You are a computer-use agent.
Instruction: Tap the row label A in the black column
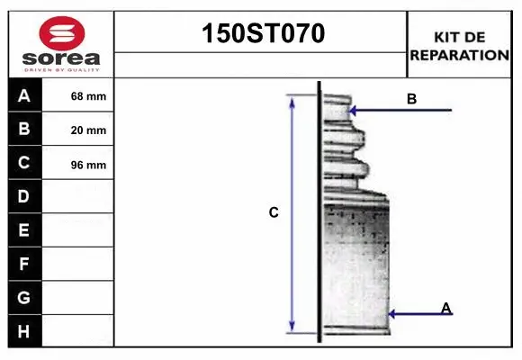coord(24,96)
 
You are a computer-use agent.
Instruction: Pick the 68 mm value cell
coord(88,96)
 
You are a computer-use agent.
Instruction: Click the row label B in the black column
coord(24,130)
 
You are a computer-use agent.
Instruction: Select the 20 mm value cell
coord(88,130)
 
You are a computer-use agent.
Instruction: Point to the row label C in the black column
coord(24,163)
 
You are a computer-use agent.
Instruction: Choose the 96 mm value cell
coord(88,165)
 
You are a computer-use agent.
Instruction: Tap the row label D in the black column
coord(24,196)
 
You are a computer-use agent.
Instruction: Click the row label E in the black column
coord(24,230)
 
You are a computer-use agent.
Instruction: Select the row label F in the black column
coord(24,265)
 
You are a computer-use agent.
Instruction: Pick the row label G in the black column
coord(24,297)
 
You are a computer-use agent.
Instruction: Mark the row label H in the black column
coord(24,331)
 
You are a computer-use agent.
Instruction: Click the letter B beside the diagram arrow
coord(411,99)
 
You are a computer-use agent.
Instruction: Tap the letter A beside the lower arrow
coord(446,309)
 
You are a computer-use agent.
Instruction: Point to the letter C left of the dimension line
coord(274,213)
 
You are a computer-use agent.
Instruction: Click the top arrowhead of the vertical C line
coord(292,99)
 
